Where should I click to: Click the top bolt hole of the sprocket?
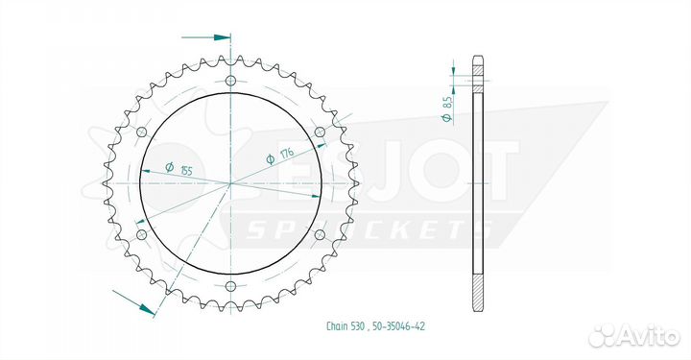pyautogui.click(x=230, y=81)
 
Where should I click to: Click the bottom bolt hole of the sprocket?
pyautogui.click(x=230, y=285)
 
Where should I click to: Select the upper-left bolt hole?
pyautogui.click(x=142, y=132)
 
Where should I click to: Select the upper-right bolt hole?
pyautogui.click(x=319, y=132)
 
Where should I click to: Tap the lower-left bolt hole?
pyautogui.click(x=142, y=233)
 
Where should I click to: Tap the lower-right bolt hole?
pyautogui.click(x=319, y=233)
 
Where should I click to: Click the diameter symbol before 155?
pyautogui.click(x=169, y=168)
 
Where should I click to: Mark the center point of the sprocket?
pyautogui.click(x=230, y=182)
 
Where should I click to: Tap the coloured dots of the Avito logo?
pyautogui.click(x=603, y=334)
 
